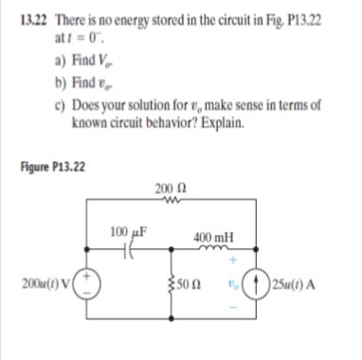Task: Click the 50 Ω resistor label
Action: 187,282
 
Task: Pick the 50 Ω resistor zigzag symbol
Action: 171,282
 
